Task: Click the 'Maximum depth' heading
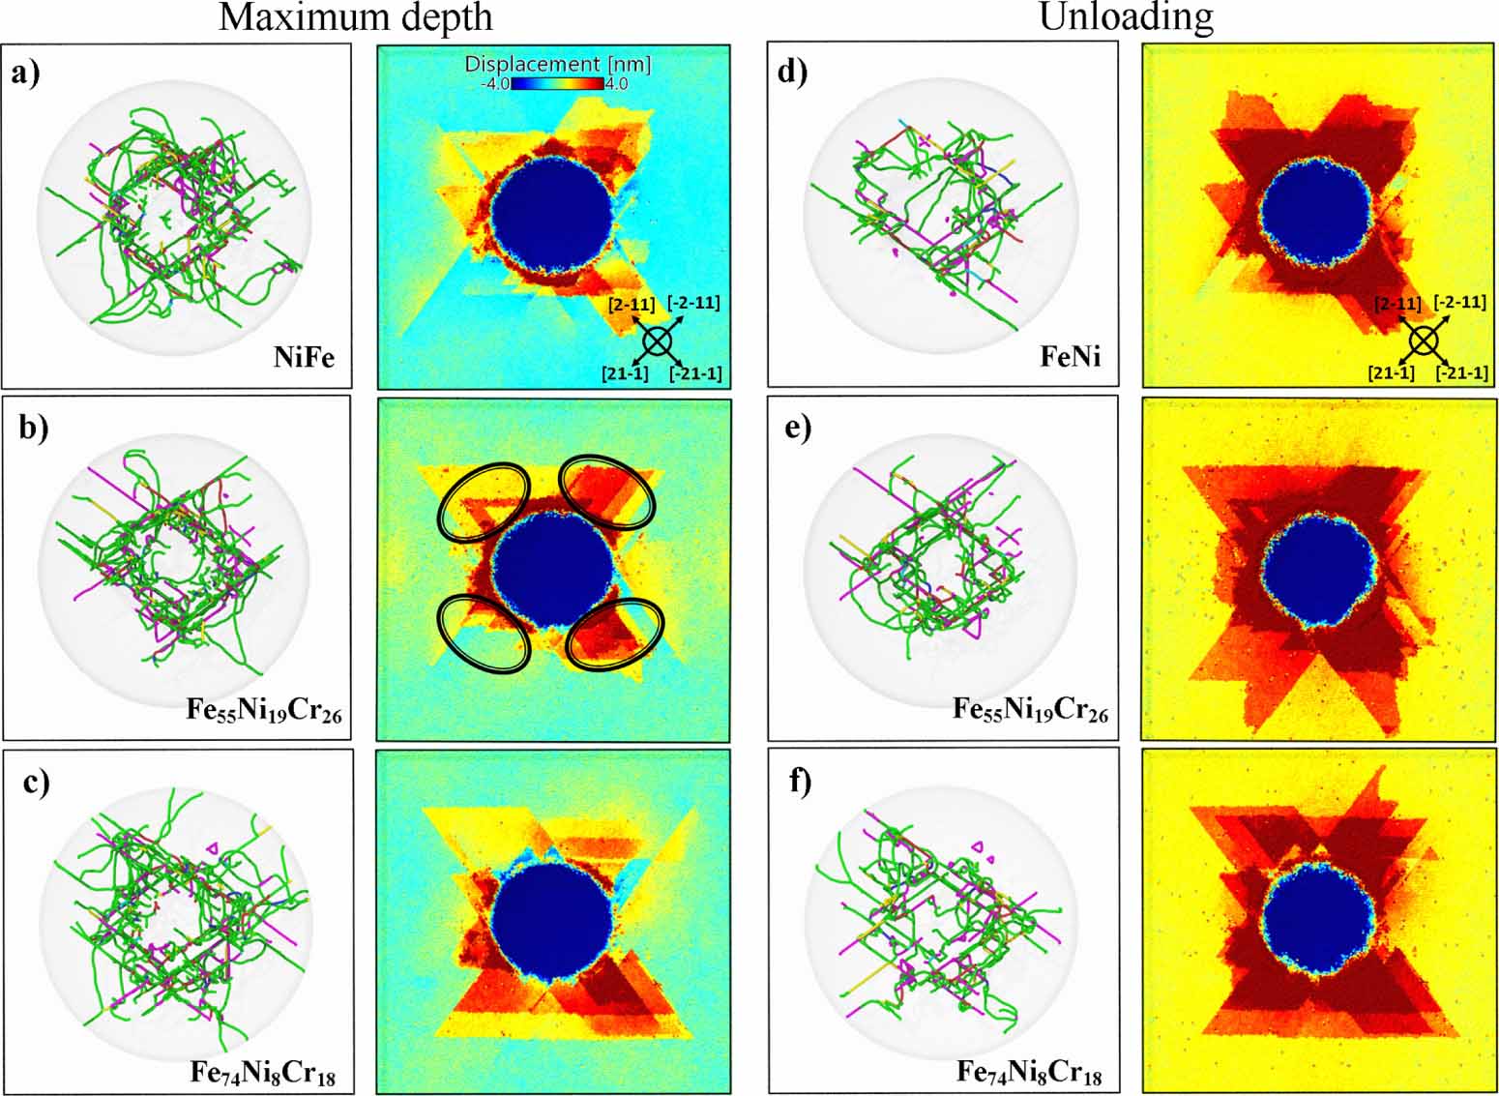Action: pyautogui.click(x=355, y=17)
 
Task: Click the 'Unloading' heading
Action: pyautogui.click(x=1126, y=17)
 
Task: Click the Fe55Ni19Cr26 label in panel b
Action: pyautogui.click(x=265, y=712)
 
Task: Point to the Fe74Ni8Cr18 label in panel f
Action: pyautogui.click(x=1030, y=1072)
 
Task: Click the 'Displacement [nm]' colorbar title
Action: pyautogui.click(x=557, y=65)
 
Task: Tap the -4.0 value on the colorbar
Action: pyautogui.click(x=495, y=84)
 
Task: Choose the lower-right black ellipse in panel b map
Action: pyautogui.click(x=615, y=634)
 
